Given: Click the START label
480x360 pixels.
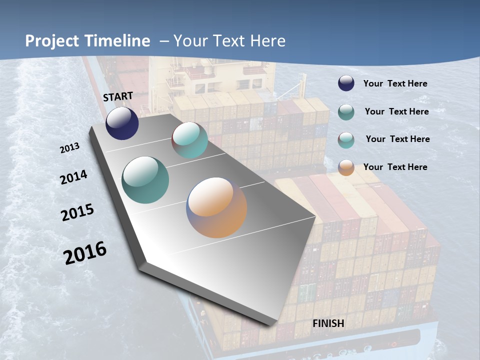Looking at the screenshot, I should [118, 96].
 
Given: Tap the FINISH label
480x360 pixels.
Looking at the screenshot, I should [328, 323].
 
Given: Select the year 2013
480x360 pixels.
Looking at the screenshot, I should [69, 148].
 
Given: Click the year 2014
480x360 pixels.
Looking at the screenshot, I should [73, 177].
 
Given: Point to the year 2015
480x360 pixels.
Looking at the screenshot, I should [77, 212].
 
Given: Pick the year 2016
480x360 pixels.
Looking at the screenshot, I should [85, 253].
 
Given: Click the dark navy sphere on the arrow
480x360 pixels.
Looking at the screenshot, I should [122, 123].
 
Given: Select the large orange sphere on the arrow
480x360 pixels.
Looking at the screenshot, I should [216, 207].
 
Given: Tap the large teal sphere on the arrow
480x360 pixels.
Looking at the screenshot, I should [145, 179].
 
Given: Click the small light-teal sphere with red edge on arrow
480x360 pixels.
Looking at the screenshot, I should [190, 140].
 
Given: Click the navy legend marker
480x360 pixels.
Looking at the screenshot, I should [346, 83].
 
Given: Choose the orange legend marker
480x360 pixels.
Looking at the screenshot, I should [346, 167].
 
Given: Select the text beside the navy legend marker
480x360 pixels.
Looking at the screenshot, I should [395, 83].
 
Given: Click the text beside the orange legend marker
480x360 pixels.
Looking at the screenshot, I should [395, 167].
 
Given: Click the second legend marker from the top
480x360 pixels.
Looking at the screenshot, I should [346, 112].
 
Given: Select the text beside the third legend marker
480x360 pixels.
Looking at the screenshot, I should [397, 139].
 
